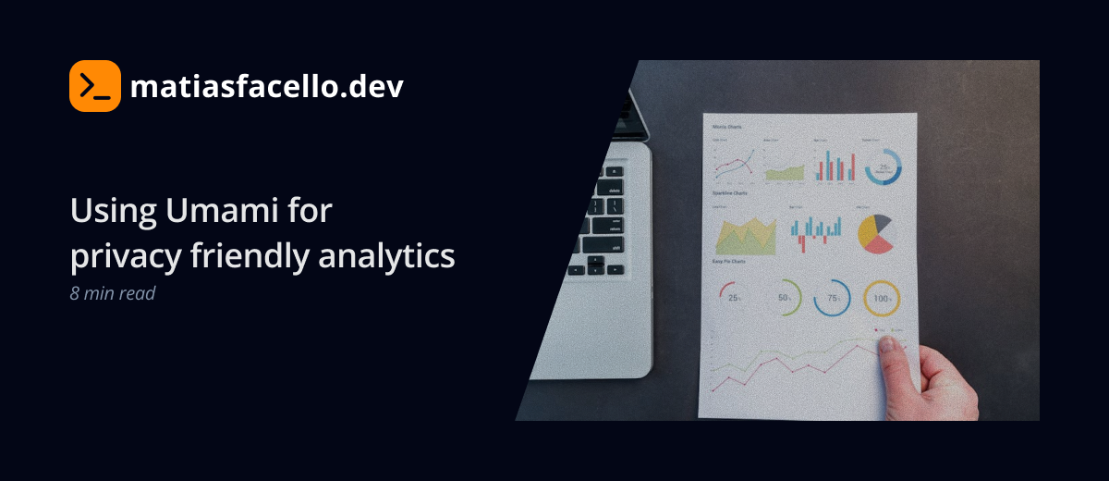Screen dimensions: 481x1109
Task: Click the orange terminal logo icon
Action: pyautogui.click(x=95, y=86)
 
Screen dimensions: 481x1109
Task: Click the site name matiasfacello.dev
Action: pyautogui.click(x=266, y=87)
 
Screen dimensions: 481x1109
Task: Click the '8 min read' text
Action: pyautogui.click(x=112, y=293)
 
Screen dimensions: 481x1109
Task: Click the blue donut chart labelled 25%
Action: pyautogui.click(x=883, y=166)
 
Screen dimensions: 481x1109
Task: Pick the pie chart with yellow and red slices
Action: pyautogui.click(x=875, y=233)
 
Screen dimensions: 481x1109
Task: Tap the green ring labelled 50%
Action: pyautogui.click(x=784, y=298)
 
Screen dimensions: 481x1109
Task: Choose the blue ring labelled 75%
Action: pyautogui.click(x=832, y=298)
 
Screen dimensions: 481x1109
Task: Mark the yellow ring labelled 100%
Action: pyautogui.click(x=882, y=299)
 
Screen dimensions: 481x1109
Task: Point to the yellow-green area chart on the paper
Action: pyautogui.click(x=746, y=237)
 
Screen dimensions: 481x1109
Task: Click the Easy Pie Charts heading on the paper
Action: pyautogui.click(x=729, y=262)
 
